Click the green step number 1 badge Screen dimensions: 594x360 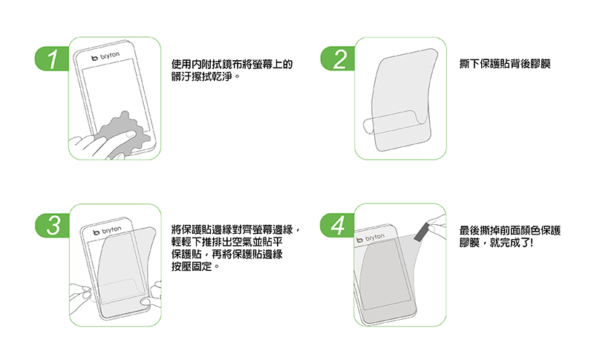coord(52,59)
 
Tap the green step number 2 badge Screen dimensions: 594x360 coord(338,59)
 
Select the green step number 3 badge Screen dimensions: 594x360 coord(52,225)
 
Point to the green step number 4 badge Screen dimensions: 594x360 coord(338,225)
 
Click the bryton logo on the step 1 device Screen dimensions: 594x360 coord(105,56)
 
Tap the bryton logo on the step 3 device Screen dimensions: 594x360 coord(107,230)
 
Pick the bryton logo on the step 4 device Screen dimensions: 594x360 coord(371,238)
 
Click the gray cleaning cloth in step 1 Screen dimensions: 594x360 coord(120,134)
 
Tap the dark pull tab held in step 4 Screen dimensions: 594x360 coord(421,232)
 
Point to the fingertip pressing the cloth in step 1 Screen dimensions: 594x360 coord(129,134)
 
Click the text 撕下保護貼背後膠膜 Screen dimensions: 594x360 coord(505,64)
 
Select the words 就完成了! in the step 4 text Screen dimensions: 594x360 coord(511,243)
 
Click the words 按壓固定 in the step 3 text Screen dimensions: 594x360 coord(192,266)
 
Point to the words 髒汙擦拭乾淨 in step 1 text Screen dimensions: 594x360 coord(201,76)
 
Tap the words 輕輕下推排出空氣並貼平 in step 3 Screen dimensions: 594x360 coord(226,242)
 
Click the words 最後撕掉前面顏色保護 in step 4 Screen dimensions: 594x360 coord(509,230)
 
